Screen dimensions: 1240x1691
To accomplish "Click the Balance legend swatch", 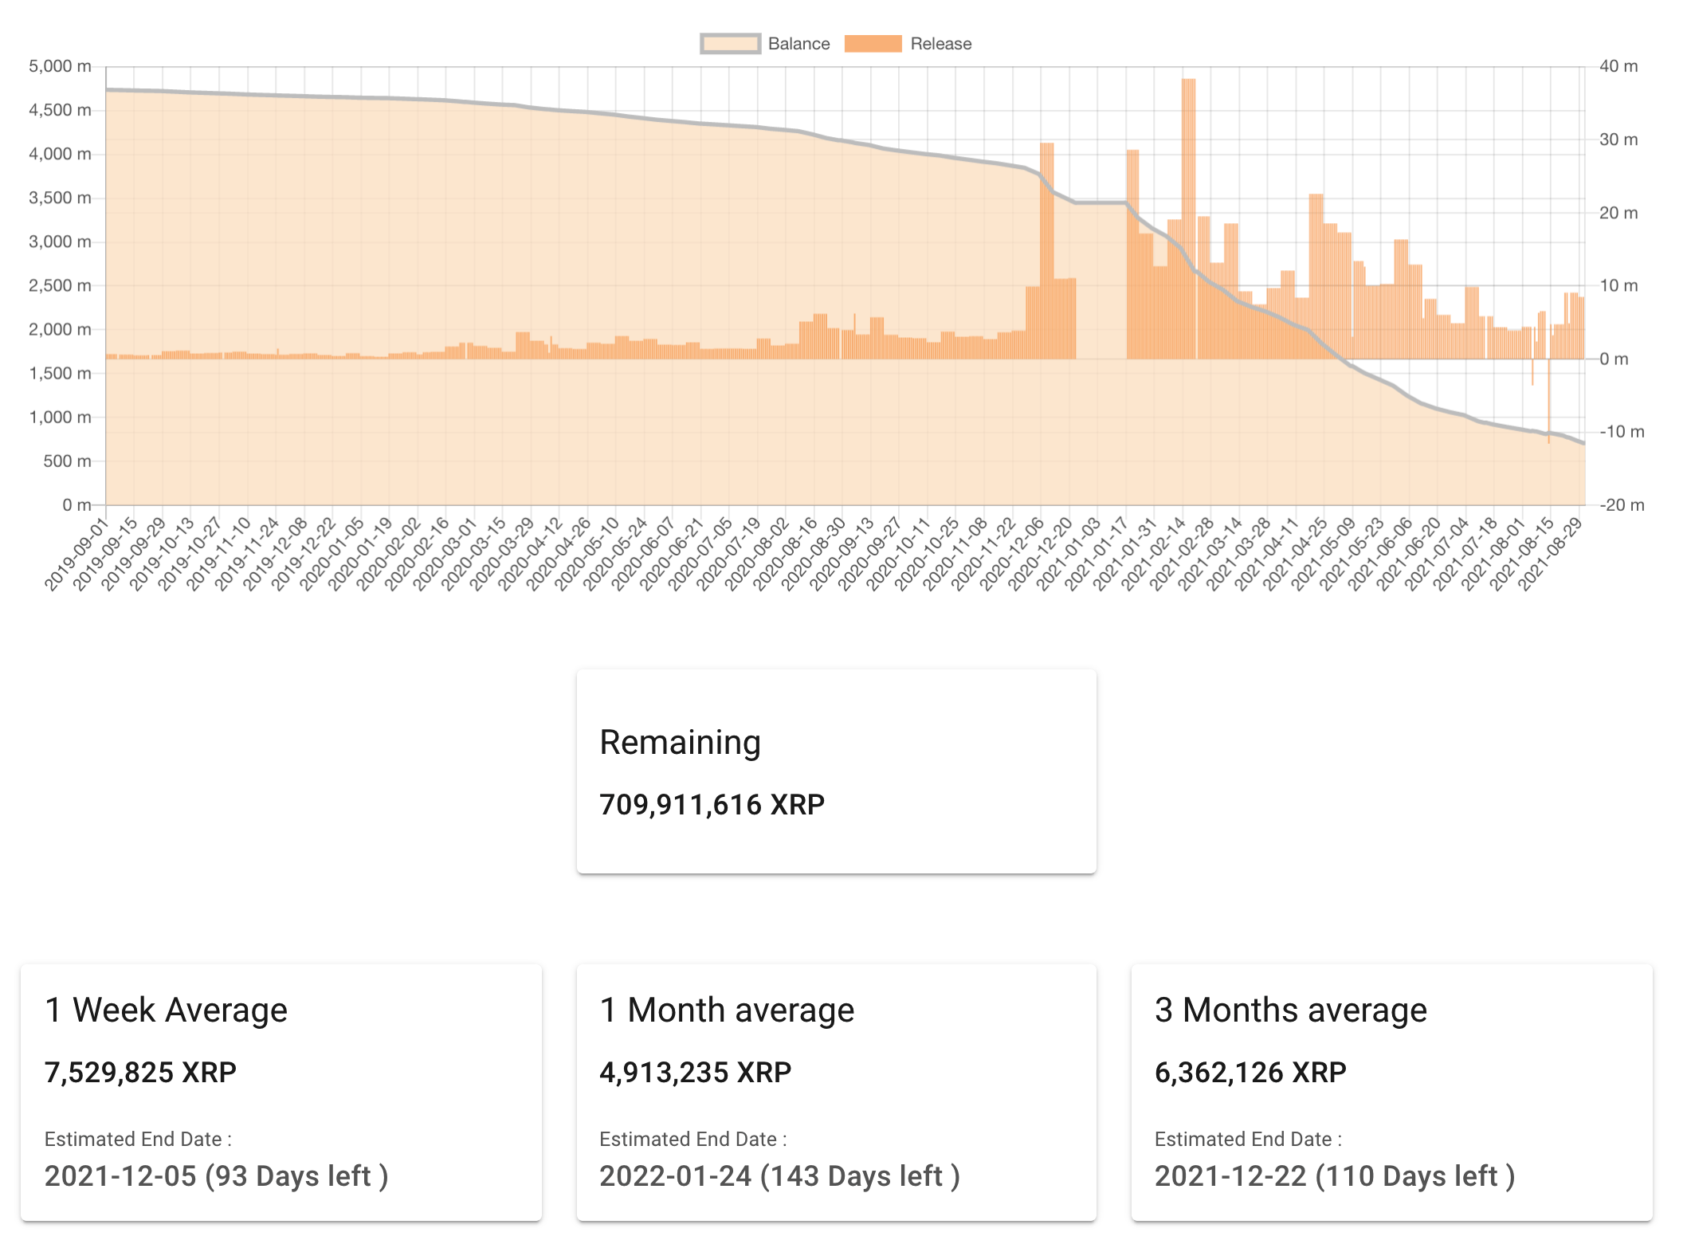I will (x=730, y=44).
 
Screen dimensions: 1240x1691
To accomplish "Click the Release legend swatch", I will (x=873, y=44).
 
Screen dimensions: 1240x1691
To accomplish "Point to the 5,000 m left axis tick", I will (x=60, y=66).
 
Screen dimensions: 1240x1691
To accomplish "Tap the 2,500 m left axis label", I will (x=60, y=285).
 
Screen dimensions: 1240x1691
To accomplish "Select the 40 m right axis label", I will (x=1618, y=66).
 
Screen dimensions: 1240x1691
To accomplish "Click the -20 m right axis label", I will (x=1622, y=504).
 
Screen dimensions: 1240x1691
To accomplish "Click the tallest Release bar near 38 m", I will (x=1188, y=215).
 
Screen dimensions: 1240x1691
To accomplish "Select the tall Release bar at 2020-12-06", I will (x=1047, y=247).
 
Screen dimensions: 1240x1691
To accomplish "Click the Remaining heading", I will (x=680, y=742).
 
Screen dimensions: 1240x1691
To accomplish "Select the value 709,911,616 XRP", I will (x=712, y=805).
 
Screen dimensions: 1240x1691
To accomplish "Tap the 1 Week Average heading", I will (x=166, y=1010).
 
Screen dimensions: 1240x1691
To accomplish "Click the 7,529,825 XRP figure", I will (x=140, y=1073).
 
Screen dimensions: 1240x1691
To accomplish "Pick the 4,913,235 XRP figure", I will (x=695, y=1073).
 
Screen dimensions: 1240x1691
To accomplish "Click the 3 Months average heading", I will (x=1290, y=1010).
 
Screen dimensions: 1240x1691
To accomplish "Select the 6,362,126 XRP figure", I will (x=1250, y=1073).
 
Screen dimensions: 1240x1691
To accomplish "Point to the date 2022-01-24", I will (x=675, y=1176).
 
